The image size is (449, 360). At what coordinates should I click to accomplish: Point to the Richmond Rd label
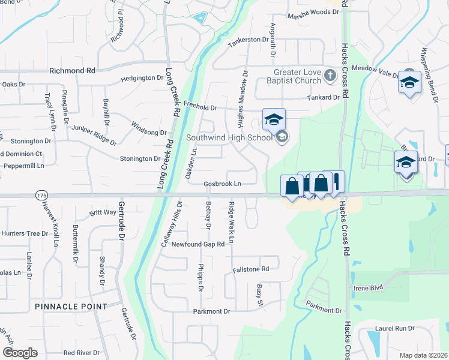coord(72,70)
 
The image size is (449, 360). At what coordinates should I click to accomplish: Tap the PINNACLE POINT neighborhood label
coord(71,306)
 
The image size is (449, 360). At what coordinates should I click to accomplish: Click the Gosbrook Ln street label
coord(222,184)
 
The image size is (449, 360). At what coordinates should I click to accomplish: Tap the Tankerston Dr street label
coord(247,40)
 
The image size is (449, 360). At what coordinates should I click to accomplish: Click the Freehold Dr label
coord(200,107)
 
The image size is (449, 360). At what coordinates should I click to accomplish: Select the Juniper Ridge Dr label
coord(94,135)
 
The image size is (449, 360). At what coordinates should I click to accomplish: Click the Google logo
coord(20,353)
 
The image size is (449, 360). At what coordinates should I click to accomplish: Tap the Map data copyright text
coord(423,355)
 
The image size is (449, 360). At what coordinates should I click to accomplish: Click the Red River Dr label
coord(81,353)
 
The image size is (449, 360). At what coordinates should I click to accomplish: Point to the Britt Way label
coord(103,212)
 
